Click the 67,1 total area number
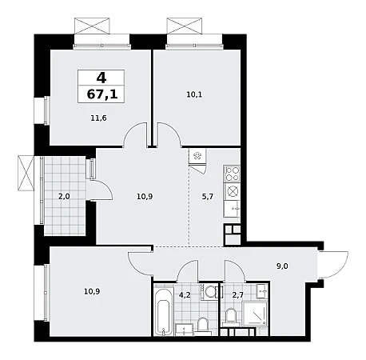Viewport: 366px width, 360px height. point(102,94)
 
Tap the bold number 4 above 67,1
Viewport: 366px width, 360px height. point(101,78)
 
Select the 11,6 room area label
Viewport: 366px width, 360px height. point(98,118)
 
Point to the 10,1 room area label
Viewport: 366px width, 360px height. point(194,94)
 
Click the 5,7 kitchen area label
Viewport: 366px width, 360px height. point(208,197)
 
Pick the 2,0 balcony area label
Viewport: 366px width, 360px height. point(64,197)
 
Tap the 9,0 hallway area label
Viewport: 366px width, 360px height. point(282,266)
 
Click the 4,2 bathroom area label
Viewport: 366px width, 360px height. point(185,295)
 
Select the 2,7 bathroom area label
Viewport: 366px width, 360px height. point(237,295)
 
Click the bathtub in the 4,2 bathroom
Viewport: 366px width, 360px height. point(163,311)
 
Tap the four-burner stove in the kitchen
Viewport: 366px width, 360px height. point(232,174)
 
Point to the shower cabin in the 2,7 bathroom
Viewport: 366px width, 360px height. point(255,314)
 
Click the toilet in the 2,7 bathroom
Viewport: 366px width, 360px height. point(231,317)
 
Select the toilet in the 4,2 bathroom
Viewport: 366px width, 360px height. point(203,326)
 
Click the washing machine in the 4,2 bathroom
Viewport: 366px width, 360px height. point(211,292)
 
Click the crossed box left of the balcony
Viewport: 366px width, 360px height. point(26,173)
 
